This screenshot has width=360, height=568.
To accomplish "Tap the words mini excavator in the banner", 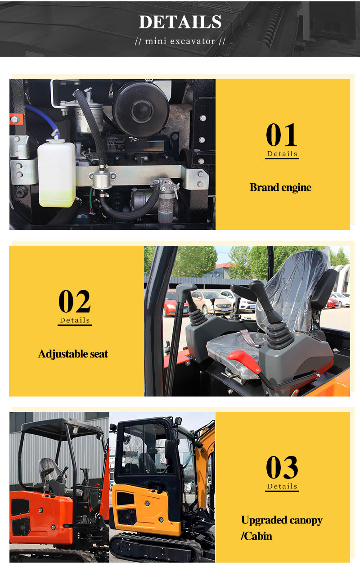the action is point(180,41).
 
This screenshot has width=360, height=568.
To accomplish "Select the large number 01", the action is point(282,135).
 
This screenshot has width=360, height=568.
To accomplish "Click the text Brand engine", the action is point(280,187).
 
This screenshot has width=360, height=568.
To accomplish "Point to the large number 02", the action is point(74,301).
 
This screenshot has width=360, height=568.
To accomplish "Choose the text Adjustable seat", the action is point(73,354).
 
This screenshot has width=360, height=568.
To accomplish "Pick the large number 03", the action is point(282,467).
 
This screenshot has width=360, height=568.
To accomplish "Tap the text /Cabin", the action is point(256,536).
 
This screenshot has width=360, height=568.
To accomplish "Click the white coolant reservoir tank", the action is point(57,173).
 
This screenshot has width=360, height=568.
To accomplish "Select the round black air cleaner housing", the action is point(141,109).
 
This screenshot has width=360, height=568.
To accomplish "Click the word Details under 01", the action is point(282,153).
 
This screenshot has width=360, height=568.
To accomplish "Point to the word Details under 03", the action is point(282,487).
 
